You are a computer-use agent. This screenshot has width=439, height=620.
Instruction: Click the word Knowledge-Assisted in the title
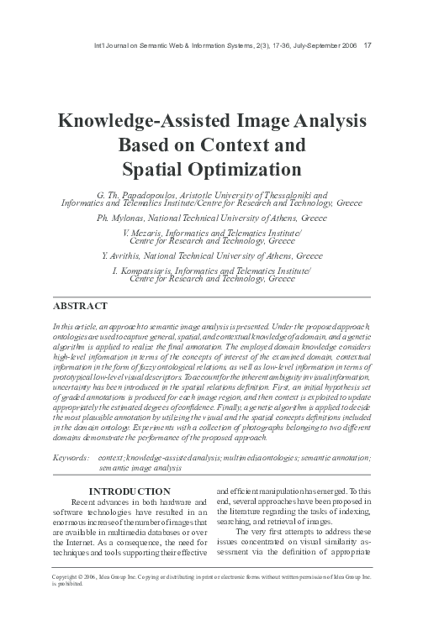(139, 122)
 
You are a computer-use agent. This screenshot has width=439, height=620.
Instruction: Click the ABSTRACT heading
(80, 306)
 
